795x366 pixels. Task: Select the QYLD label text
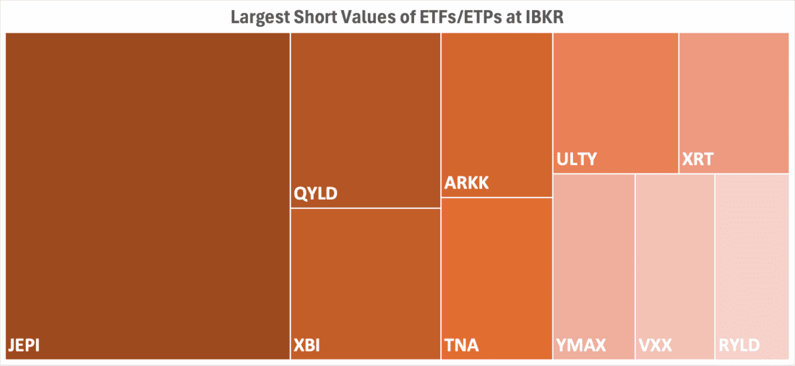tap(316, 194)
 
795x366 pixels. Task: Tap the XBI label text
tap(308, 345)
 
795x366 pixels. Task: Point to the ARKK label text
tap(467, 183)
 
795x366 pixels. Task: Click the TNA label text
tap(461, 345)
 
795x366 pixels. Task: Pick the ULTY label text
tap(577, 159)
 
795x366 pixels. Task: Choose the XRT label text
tap(697, 159)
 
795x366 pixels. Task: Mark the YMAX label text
tap(580, 345)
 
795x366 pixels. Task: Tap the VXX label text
tap(656, 345)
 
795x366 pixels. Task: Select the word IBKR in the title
tap(542, 17)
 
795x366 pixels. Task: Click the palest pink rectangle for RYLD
tap(751, 260)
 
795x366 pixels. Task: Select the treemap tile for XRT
tap(734, 94)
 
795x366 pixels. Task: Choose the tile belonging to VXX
tap(674, 260)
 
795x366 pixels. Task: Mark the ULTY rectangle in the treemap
tap(616, 94)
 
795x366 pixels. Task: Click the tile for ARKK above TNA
tap(497, 108)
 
